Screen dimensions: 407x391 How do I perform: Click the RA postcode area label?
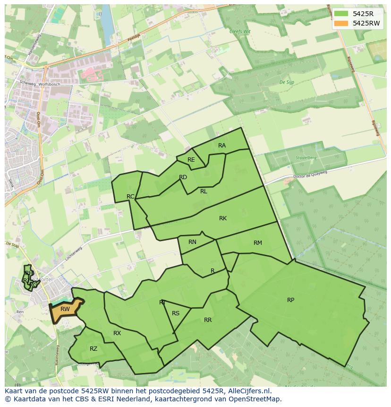coord(221,146)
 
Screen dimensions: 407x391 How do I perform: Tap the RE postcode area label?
coord(191,160)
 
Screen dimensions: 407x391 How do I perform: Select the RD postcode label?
coord(183,177)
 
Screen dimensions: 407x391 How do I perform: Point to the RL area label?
coord(204,191)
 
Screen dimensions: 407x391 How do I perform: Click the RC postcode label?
coord(130,196)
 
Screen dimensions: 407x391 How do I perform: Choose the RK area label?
coord(223,218)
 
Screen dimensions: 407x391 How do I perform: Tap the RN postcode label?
coord(192,242)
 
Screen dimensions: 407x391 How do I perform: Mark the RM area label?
coord(257,243)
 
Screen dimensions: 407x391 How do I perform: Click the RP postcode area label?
coord(290,300)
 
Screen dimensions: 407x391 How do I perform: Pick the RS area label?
coord(176,313)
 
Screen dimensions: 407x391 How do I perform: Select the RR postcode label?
coord(208,320)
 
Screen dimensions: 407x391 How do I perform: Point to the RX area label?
coord(117,333)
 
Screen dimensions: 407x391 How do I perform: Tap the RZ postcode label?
coord(93,349)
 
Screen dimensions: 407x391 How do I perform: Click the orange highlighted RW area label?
coord(65,309)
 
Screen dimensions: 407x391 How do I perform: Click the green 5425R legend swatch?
coord(341,14)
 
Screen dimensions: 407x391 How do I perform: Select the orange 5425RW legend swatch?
coord(341,23)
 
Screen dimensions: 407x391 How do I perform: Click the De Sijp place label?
coord(286,82)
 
